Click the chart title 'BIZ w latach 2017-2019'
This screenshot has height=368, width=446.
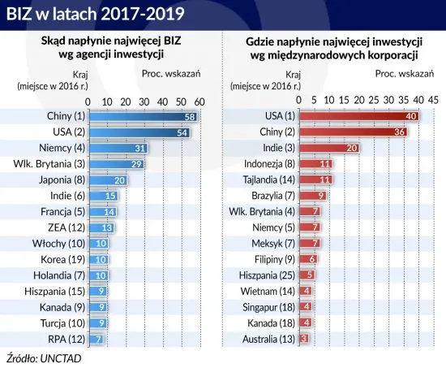96,14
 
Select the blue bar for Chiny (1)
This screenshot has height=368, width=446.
142,117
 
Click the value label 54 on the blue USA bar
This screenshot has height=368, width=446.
182,132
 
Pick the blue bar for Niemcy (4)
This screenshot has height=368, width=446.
117,148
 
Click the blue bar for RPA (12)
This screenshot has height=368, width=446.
95,336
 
